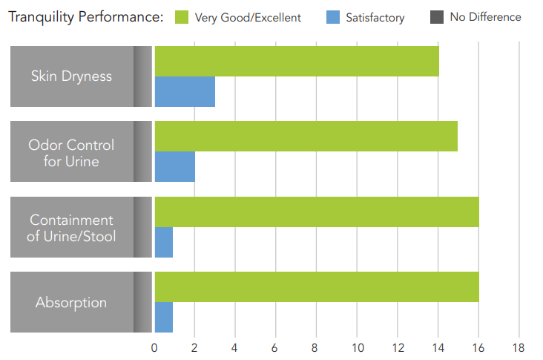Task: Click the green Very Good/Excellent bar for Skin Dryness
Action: coord(296,61)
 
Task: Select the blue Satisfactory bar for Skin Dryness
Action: coord(184,91)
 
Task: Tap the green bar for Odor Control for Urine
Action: coord(306,136)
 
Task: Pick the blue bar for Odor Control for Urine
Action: coord(174,166)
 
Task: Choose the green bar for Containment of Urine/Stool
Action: coord(316,212)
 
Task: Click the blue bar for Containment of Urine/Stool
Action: coord(163,242)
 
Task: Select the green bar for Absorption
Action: coord(316,287)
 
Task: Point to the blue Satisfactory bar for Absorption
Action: coord(163,317)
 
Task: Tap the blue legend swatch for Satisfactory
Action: coord(332,17)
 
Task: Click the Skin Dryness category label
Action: coord(71,76)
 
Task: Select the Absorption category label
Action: coord(71,302)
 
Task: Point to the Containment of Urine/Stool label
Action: coord(71,228)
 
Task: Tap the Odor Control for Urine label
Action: coord(71,152)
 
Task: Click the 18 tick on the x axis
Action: coord(518,347)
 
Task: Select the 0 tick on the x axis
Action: coord(154,347)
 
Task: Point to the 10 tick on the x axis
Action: coord(357,347)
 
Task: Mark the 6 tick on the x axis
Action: coord(275,347)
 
